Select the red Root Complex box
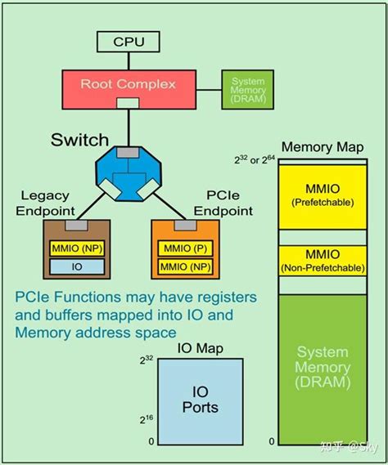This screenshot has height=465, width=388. point(128,85)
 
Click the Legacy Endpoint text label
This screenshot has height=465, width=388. point(47,203)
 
